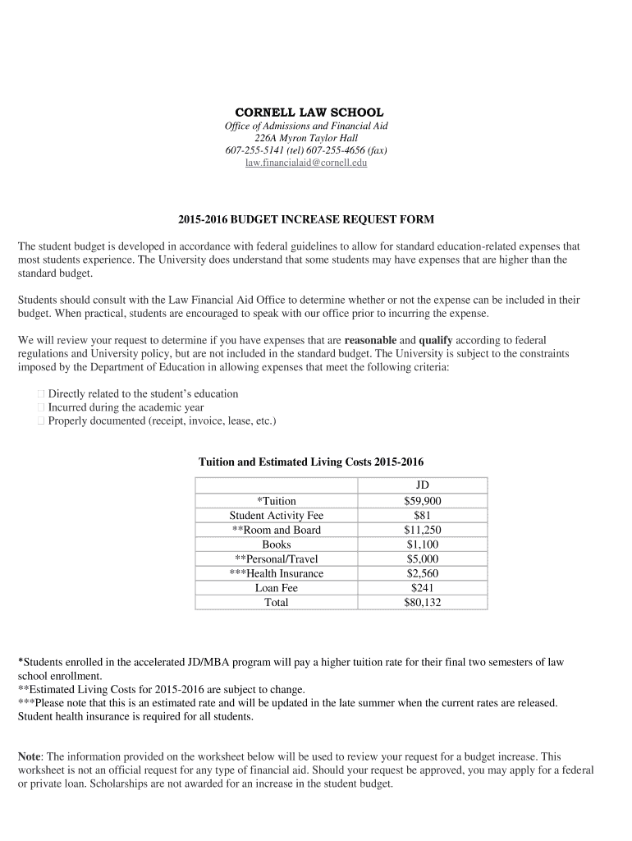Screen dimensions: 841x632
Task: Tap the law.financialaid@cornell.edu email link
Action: tap(307, 163)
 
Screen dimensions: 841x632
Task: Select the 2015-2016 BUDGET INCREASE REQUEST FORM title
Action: tap(306, 219)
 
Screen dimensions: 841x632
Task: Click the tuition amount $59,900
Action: tap(423, 501)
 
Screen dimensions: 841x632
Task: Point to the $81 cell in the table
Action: tap(423, 515)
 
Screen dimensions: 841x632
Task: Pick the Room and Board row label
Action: tap(277, 530)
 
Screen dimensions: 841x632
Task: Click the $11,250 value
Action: tap(423, 530)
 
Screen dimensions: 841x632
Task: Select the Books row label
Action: tap(277, 545)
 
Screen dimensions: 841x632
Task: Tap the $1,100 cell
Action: tap(423, 545)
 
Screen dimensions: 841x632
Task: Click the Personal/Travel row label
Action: tap(277, 558)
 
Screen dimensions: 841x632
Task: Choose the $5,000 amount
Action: tap(423, 558)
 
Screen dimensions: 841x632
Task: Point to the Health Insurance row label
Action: tap(277, 573)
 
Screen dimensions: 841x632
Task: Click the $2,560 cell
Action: tap(423, 573)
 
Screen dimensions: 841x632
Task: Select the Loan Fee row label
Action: tap(277, 588)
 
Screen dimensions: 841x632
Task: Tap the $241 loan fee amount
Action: tap(423, 588)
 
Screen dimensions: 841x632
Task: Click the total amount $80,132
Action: tap(423, 602)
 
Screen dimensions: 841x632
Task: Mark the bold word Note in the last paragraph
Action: tap(30, 756)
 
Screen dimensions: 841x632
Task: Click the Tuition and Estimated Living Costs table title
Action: tap(311, 462)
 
